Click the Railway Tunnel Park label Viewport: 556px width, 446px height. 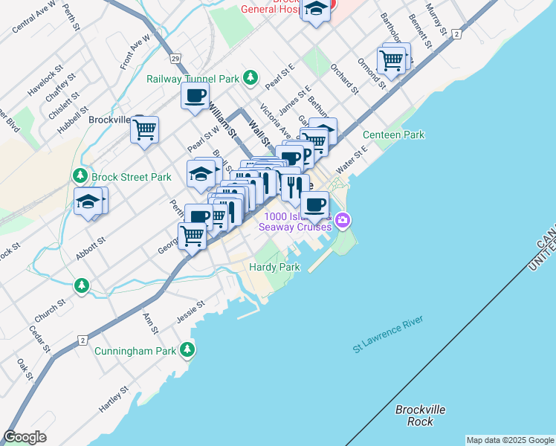tap(193, 78)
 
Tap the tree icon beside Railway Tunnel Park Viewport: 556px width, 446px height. tap(251, 77)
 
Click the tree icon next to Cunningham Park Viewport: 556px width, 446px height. tap(188, 350)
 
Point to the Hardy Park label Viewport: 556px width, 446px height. tap(274, 267)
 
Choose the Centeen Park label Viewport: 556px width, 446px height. tap(393, 135)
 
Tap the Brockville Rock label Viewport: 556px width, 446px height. tap(420, 416)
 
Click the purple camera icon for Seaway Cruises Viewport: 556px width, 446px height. tap(342, 219)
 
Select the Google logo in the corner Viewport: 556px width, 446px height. tap(25, 436)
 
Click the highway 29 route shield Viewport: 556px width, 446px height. tap(173, 57)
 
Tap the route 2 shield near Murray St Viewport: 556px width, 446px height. tap(456, 34)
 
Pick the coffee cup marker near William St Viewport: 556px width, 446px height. tap(195, 96)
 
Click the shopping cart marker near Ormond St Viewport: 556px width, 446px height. tap(392, 59)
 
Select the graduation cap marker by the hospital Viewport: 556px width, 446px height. tap(317, 10)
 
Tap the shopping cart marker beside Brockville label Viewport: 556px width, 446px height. tap(144, 129)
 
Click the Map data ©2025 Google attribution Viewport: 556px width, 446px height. tap(510, 440)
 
